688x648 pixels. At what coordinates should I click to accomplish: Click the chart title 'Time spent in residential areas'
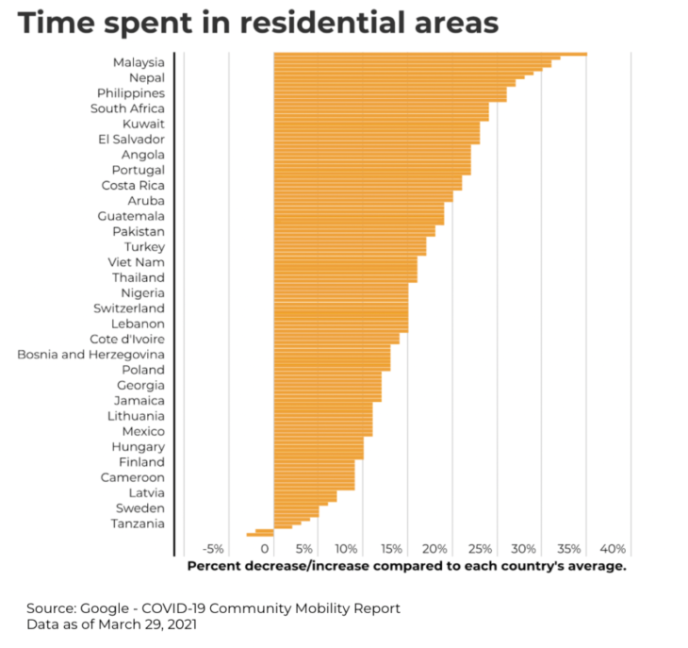pos(257,22)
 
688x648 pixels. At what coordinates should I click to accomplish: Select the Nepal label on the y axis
pos(146,77)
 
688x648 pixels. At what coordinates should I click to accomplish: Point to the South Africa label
pos(127,108)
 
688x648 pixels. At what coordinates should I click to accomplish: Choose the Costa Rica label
pos(133,186)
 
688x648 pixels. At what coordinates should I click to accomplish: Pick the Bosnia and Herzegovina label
pos(90,355)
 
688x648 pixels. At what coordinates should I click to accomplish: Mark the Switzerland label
pos(129,308)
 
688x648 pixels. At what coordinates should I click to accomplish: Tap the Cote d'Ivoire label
pos(127,340)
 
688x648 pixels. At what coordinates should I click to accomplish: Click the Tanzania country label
pos(138,523)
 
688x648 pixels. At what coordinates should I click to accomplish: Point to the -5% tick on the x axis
pos(213,549)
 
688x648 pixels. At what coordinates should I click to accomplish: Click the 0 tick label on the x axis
pos(265,549)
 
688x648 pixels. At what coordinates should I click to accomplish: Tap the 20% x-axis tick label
pos(434,549)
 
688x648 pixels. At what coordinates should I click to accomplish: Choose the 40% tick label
pos(613,549)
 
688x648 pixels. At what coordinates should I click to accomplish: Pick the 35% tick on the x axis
pos(568,549)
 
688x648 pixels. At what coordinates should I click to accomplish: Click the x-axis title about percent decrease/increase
pos(406,566)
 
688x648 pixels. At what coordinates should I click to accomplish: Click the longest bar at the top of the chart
pos(430,55)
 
